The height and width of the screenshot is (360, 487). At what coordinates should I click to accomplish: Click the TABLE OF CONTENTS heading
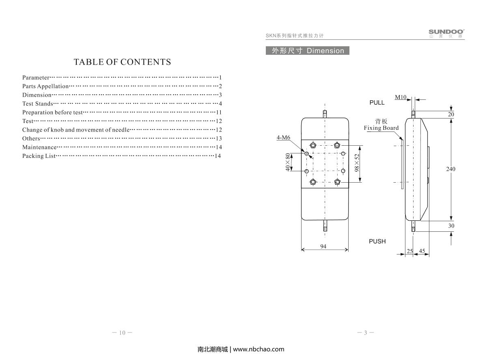point(122,62)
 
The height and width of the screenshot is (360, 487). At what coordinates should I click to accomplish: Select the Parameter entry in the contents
point(36,78)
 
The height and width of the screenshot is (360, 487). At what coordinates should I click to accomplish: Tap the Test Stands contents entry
point(37,103)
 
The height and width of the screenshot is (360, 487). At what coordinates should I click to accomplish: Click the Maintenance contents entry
point(39,147)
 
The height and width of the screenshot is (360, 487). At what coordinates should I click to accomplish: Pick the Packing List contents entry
point(39,156)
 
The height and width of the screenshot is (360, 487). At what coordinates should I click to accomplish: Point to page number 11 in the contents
point(219,112)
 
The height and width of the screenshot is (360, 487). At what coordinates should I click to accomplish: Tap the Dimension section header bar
point(308,51)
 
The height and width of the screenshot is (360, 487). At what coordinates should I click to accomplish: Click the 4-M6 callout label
point(283,138)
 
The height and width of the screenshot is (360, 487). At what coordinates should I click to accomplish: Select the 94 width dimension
point(323,246)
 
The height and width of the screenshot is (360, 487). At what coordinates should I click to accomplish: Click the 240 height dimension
point(450,169)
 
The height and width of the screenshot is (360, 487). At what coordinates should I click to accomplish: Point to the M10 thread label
point(401,97)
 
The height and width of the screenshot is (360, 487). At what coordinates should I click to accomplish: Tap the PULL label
point(377,103)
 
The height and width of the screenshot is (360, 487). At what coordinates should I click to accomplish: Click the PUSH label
point(377,241)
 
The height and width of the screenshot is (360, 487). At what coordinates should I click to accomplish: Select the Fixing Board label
point(381,128)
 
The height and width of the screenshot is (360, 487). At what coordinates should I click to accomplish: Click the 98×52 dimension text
point(357,163)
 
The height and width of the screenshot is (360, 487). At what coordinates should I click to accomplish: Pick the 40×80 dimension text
point(288,162)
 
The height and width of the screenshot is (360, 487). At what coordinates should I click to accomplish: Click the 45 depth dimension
point(422,251)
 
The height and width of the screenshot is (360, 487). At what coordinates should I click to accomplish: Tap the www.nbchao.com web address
point(259,349)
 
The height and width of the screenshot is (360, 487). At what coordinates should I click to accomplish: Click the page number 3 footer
point(365,333)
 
